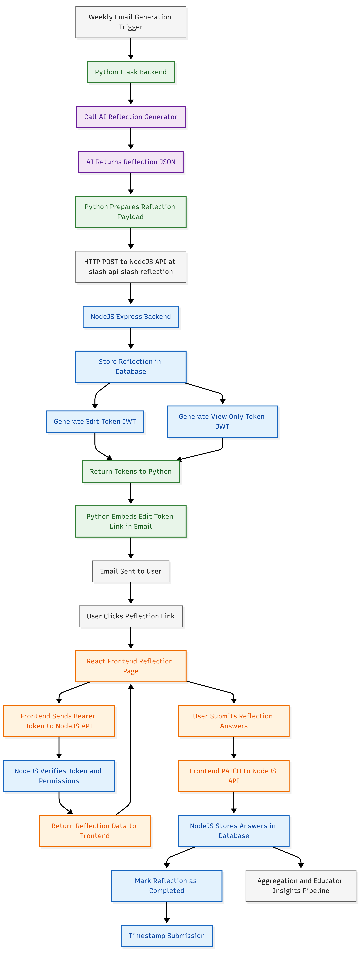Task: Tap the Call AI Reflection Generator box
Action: coord(131,117)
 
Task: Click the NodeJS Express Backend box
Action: coord(131,317)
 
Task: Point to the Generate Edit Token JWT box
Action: coord(95,421)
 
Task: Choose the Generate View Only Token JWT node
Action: coord(222,421)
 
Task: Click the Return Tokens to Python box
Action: coord(131,471)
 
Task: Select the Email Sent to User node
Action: coord(131,571)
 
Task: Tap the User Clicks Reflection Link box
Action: coord(131,616)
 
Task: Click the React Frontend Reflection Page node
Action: coord(131,666)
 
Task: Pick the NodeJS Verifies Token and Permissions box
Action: coord(59,776)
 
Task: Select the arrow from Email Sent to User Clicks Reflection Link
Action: coord(131,593)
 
